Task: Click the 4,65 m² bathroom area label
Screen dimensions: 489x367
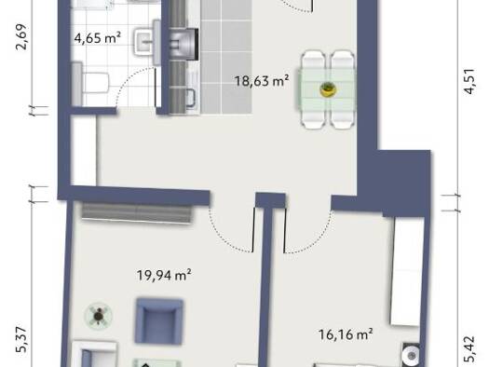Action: tap(97, 38)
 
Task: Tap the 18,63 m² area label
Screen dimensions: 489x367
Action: tap(262, 81)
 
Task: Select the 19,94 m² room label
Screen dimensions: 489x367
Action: tap(164, 275)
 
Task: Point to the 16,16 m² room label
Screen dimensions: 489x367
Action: tap(346, 334)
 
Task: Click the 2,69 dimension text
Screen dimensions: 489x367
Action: tap(22, 37)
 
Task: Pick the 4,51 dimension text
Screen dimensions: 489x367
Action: tap(469, 81)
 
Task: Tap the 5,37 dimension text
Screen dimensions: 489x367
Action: tap(21, 340)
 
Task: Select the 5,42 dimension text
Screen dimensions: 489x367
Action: tap(469, 349)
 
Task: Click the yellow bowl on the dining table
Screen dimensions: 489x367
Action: tap(328, 89)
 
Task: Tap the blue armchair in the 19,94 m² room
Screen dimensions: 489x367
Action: tap(158, 321)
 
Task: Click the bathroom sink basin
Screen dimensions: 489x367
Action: tap(143, 42)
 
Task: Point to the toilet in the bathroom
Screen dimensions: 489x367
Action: tap(90, 83)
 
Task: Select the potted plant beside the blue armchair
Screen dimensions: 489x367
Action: tap(99, 316)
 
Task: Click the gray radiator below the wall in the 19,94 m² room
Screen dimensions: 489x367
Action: tap(137, 212)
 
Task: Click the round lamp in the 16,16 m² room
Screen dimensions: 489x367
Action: tap(411, 355)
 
